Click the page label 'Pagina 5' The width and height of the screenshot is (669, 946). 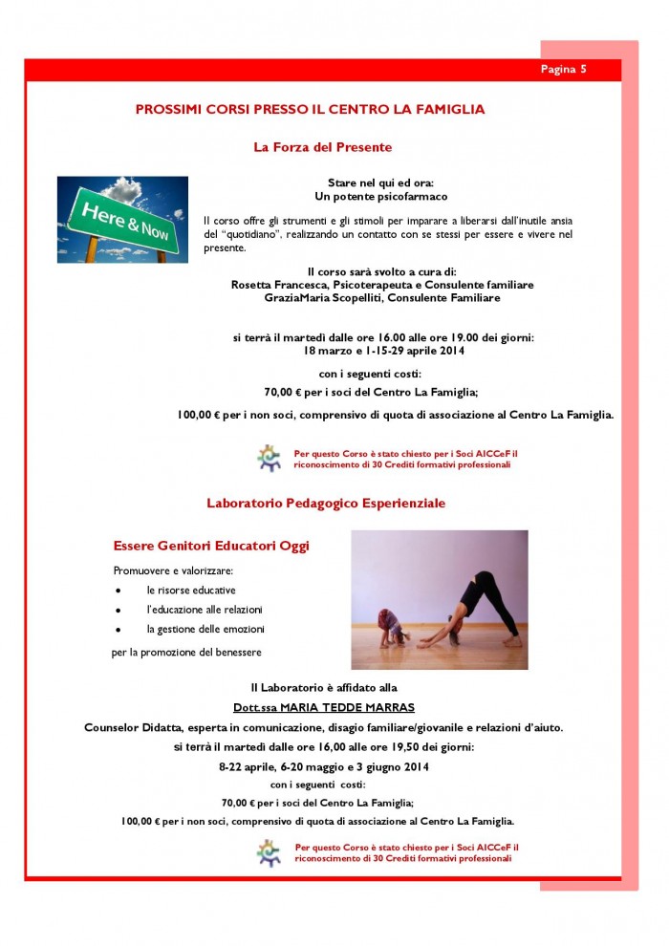pos(563,70)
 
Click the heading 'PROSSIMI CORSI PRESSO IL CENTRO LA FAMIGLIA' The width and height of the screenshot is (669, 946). pos(310,110)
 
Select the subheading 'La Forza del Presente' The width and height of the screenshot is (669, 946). pos(322,147)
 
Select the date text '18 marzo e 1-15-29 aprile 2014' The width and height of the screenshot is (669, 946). pos(383,351)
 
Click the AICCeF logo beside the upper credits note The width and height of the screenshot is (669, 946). pos(270,458)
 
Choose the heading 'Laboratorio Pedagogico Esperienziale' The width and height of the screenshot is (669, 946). pos(326,503)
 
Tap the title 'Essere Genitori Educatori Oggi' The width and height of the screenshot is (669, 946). pos(211,546)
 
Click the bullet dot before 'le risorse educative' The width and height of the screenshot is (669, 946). pos(118,591)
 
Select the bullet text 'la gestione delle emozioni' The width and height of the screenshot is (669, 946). pos(205,629)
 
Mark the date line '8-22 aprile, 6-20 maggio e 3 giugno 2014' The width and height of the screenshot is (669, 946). pos(323,766)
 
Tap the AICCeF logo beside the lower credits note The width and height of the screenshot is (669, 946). pos(270,851)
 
